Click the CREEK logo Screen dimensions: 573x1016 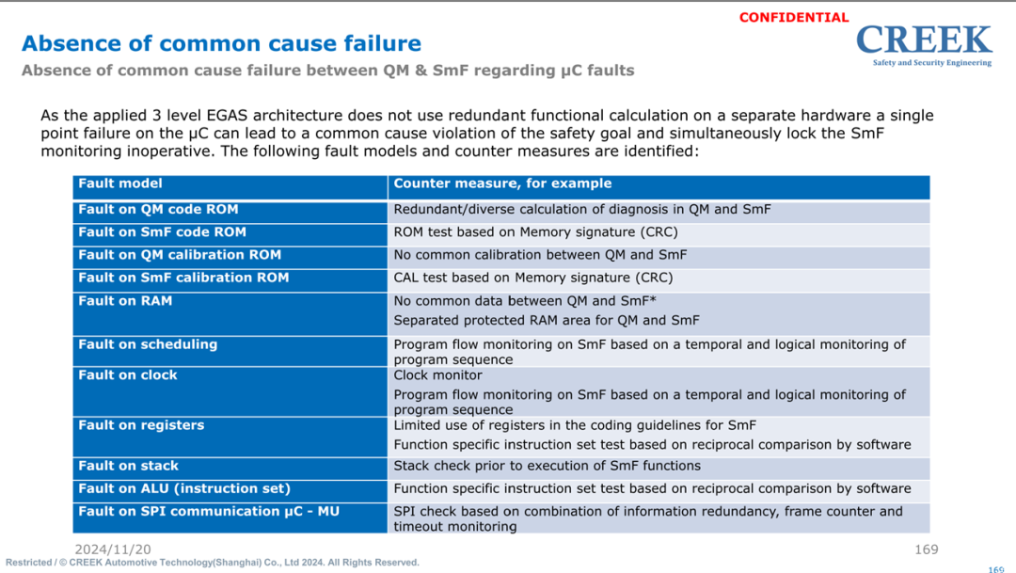point(923,41)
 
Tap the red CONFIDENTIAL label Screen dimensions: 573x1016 point(793,17)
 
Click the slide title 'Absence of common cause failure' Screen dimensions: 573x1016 point(221,43)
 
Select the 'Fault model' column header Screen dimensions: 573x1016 point(120,183)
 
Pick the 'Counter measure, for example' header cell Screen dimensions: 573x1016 point(502,183)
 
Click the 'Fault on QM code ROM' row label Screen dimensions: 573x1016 point(158,209)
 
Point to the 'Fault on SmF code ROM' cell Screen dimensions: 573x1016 point(162,231)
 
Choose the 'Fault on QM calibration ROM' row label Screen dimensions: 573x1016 point(180,254)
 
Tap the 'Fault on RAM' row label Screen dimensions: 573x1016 point(125,300)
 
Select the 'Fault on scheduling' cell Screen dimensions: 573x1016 point(148,343)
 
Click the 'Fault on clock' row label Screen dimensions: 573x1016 point(128,374)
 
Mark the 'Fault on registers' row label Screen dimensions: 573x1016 point(141,424)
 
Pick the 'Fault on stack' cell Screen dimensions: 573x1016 point(128,465)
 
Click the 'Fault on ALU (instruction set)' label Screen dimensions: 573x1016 point(184,487)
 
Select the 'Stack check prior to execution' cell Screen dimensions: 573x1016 point(547,465)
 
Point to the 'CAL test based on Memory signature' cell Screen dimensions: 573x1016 point(533,278)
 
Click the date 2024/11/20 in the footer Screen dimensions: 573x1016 point(112,549)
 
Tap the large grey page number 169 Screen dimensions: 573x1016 point(926,549)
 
